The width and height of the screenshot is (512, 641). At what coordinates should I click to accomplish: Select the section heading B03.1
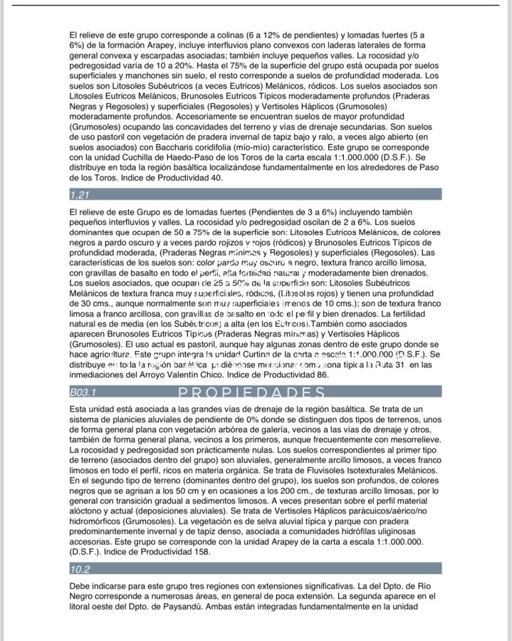click(x=83, y=392)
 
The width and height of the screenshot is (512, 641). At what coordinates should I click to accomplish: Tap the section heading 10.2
click(x=80, y=569)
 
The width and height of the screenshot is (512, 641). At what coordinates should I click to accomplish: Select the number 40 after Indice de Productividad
click(x=215, y=177)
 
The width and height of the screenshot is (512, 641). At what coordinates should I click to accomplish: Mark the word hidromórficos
click(x=100, y=521)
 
